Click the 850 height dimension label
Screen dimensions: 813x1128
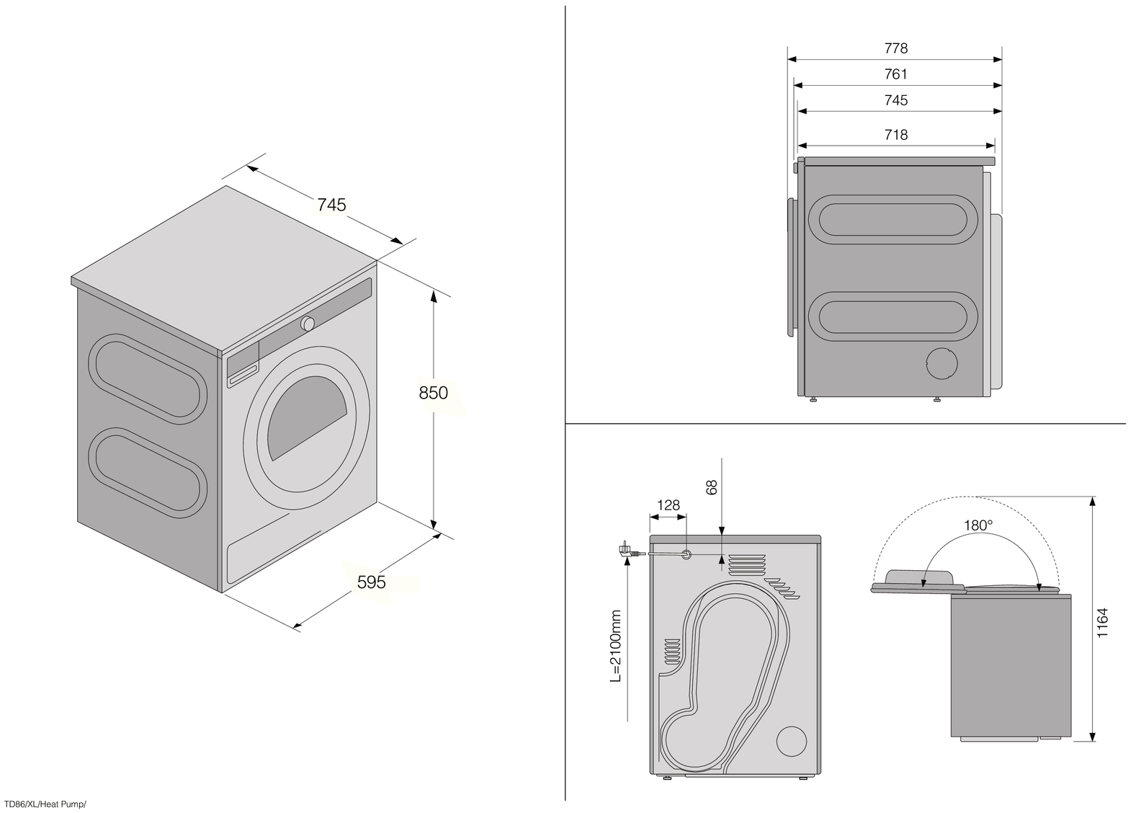pos(434,393)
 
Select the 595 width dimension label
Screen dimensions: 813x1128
pos(372,581)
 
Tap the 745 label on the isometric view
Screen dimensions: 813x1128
pos(331,205)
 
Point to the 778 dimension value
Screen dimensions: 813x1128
pos(895,48)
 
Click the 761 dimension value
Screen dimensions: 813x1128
pos(895,74)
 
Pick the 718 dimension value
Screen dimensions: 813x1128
pos(895,135)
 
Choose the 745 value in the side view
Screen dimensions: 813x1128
pos(895,100)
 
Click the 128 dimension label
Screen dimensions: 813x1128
pos(668,505)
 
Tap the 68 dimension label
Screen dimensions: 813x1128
pos(712,488)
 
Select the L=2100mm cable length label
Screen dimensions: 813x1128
pos(615,646)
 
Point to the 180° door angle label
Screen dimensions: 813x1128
pos(978,525)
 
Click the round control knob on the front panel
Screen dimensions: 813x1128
pos(308,324)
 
